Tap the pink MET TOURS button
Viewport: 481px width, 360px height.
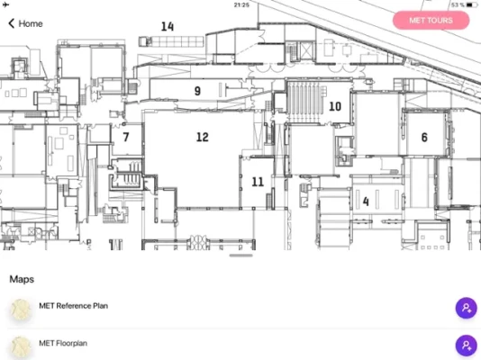(x=431, y=20)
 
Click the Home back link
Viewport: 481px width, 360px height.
(x=25, y=23)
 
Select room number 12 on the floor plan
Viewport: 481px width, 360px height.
(x=203, y=137)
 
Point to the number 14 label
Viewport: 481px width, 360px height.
(x=168, y=26)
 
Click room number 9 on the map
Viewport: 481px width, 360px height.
(x=197, y=91)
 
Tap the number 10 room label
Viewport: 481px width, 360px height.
(x=335, y=106)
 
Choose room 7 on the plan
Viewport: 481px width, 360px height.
(x=126, y=137)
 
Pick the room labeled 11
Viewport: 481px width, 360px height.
(x=258, y=182)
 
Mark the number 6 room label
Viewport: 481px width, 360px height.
(x=424, y=138)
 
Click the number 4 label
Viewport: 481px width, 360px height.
(x=366, y=202)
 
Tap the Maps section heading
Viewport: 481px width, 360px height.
(x=22, y=279)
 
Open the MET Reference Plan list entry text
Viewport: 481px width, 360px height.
(x=73, y=306)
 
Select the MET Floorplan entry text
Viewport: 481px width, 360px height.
(x=63, y=343)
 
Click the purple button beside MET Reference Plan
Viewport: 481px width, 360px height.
(x=466, y=308)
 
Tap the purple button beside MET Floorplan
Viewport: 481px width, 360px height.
(x=466, y=346)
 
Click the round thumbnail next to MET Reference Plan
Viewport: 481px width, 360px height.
(x=21, y=310)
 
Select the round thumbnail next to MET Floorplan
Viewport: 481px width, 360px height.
(x=21, y=346)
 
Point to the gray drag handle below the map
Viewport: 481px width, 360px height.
(x=241, y=256)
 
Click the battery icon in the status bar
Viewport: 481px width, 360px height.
(x=472, y=4)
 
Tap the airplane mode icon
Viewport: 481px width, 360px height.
(x=5, y=4)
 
